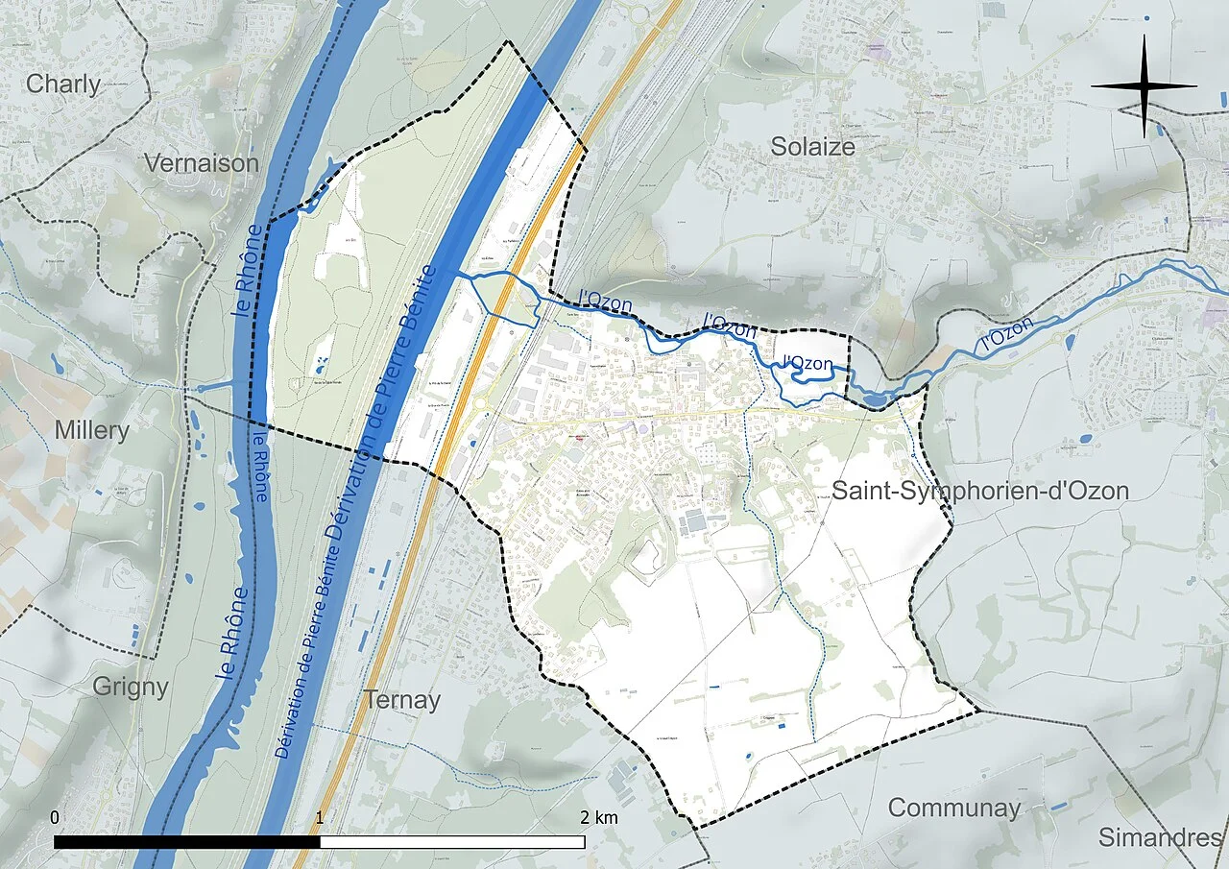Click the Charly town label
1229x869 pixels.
pyautogui.click(x=63, y=84)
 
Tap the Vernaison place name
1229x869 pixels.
pyautogui.click(x=202, y=163)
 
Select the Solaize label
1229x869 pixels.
pyautogui.click(x=812, y=146)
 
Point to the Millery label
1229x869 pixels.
pyautogui.click(x=91, y=430)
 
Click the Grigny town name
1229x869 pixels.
pyautogui.click(x=131, y=687)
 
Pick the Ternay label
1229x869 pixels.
pyautogui.click(x=402, y=700)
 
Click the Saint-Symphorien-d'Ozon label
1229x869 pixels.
pyautogui.click(x=979, y=491)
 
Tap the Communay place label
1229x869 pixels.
pyautogui.click(x=953, y=808)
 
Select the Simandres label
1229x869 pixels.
pyautogui.click(x=1160, y=836)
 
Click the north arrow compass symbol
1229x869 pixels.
pyautogui.click(x=1144, y=85)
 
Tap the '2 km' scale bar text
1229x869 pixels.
pyautogui.click(x=599, y=817)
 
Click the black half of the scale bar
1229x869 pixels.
pyautogui.click(x=187, y=842)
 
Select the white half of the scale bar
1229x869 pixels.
pyautogui.click(x=452, y=842)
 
